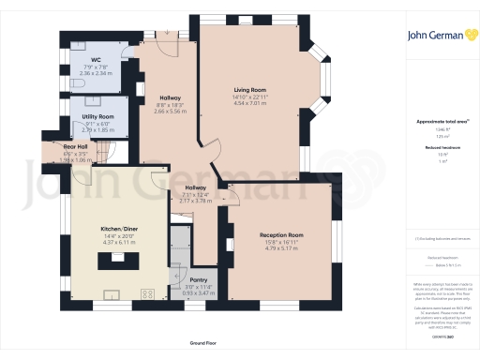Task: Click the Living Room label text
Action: click(250, 89)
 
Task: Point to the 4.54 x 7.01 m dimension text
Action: click(250, 103)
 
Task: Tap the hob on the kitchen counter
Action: click(147, 294)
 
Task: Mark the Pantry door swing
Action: click(175, 271)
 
